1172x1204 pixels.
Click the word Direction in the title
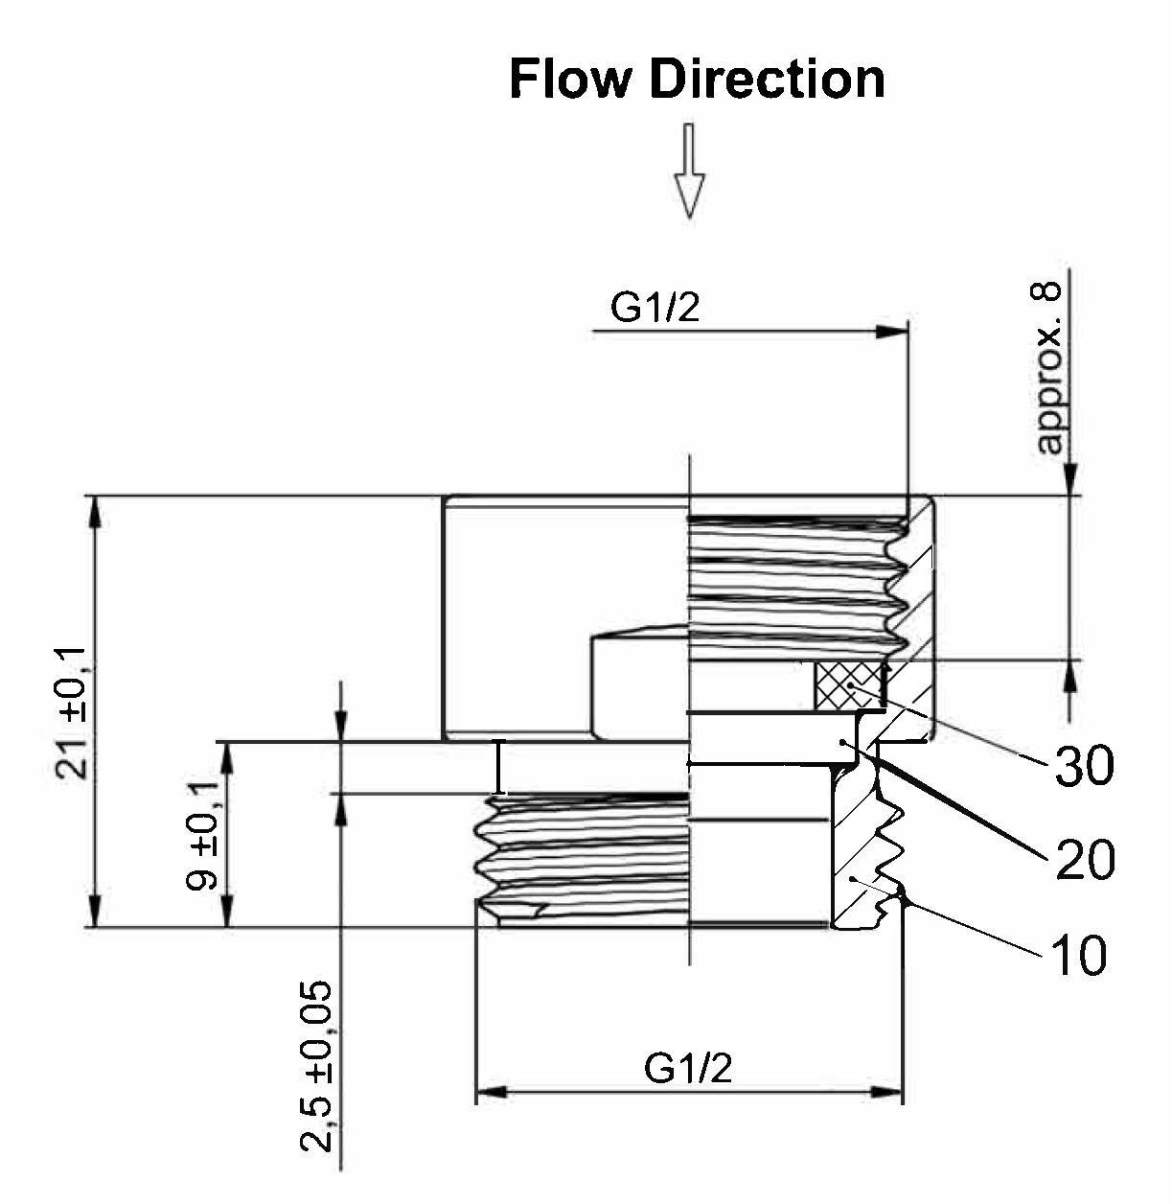click(x=767, y=79)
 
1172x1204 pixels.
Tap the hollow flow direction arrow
click(x=689, y=182)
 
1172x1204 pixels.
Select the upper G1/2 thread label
click(x=655, y=309)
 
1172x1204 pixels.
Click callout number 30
click(x=1085, y=767)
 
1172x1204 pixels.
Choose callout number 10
click(x=1078, y=955)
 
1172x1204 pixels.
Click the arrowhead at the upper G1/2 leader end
click(x=891, y=331)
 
